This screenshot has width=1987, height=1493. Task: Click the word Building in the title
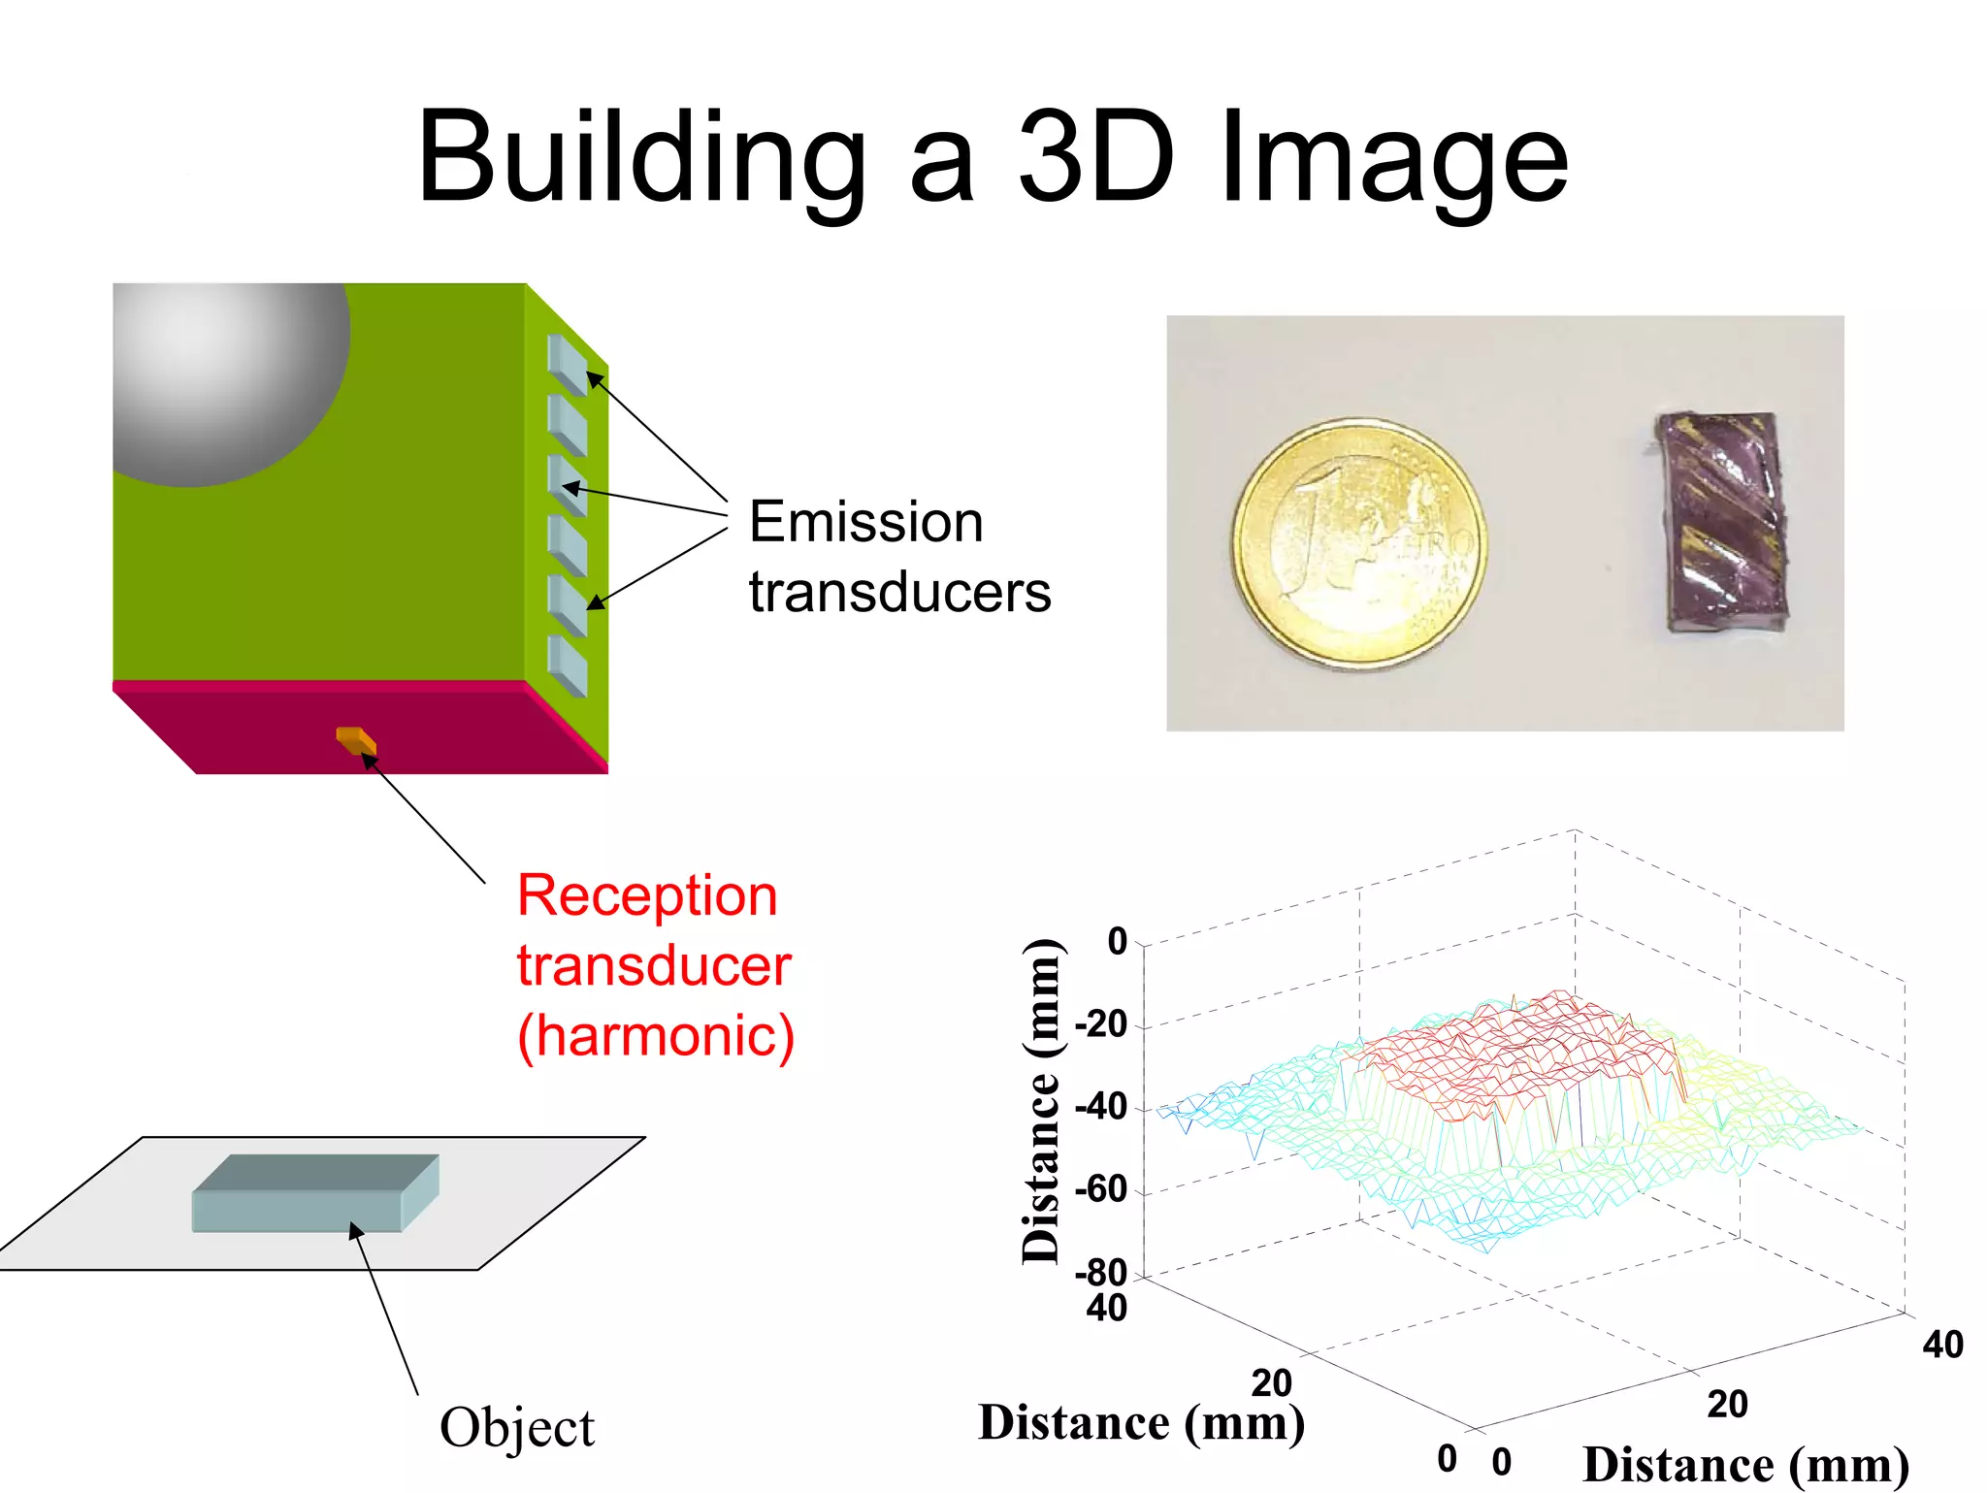(x=640, y=160)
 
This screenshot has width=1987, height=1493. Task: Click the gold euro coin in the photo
(x=1359, y=543)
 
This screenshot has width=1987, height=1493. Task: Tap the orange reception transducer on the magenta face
(x=356, y=740)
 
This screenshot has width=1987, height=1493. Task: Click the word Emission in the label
(x=865, y=522)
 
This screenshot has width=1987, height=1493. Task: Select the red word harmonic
(x=656, y=1035)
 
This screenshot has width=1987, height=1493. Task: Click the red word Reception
(x=647, y=894)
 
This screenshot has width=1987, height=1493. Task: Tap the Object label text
(x=516, y=1427)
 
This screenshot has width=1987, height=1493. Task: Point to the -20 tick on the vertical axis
(x=1101, y=1023)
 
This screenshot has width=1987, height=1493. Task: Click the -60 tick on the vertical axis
(x=1101, y=1189)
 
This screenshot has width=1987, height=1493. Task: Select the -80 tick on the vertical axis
(x=1101, y=1272)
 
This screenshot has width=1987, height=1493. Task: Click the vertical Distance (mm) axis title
(x=1041, y=1101)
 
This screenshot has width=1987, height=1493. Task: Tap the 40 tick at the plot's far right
(x=1942, y=1345)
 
